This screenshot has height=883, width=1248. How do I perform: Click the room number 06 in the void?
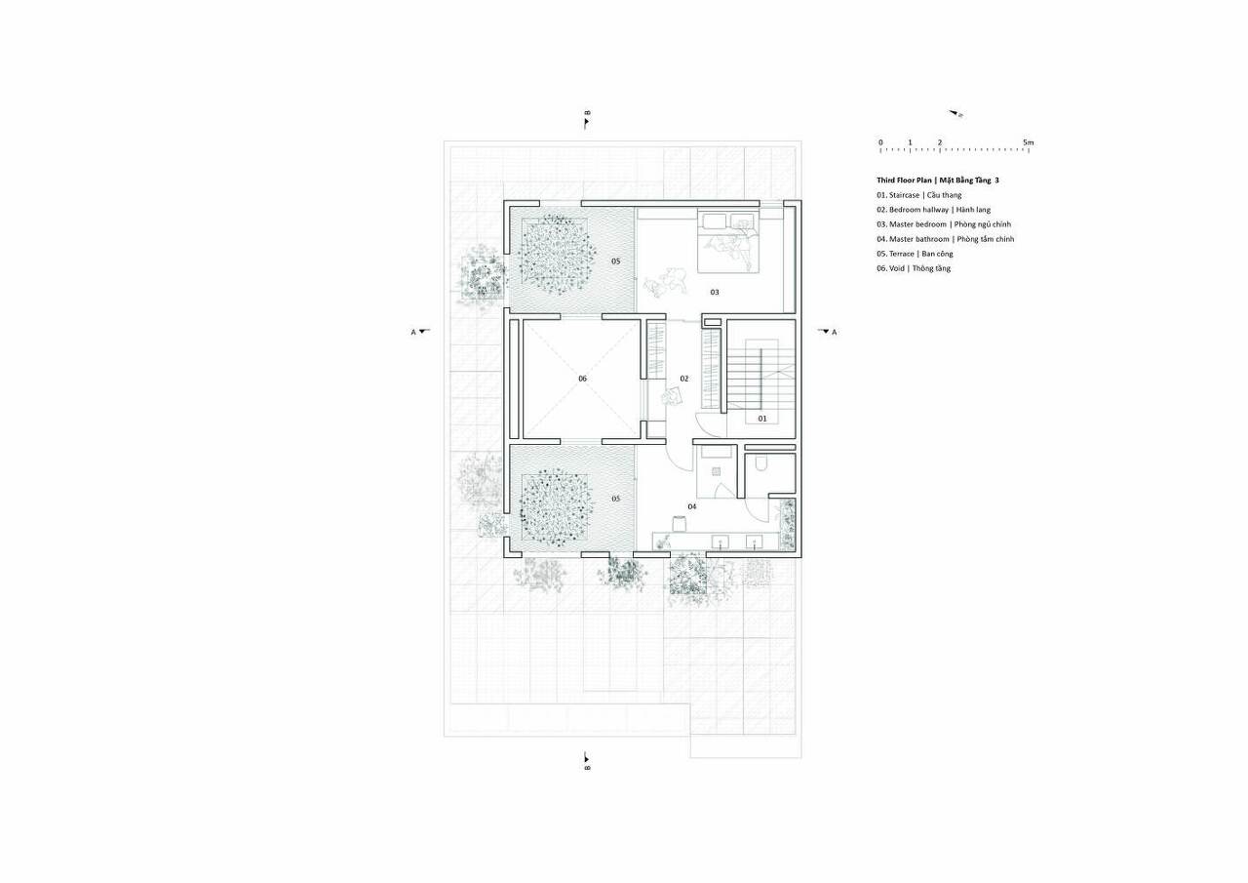582,379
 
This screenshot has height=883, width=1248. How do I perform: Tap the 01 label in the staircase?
762,419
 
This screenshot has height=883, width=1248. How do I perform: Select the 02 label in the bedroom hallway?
684,379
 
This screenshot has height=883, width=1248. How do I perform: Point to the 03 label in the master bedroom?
715,292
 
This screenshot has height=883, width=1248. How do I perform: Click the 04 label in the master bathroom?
692,506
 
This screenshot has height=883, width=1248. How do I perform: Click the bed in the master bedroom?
728,241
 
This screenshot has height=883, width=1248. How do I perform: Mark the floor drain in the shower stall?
716,471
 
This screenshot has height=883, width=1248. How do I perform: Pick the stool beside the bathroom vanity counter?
679,523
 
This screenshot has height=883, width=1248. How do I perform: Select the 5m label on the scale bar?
1028,142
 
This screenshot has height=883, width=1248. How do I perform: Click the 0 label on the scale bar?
880,142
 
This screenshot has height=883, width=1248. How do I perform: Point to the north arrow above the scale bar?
956,114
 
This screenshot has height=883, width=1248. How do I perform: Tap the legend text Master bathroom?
919,239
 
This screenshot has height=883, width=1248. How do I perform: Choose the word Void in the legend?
897,268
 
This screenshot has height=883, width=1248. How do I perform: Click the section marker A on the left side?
413,333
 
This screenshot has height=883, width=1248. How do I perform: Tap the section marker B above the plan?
587,113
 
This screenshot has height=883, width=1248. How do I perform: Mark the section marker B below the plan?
587,768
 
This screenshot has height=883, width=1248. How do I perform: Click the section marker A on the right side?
834,333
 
